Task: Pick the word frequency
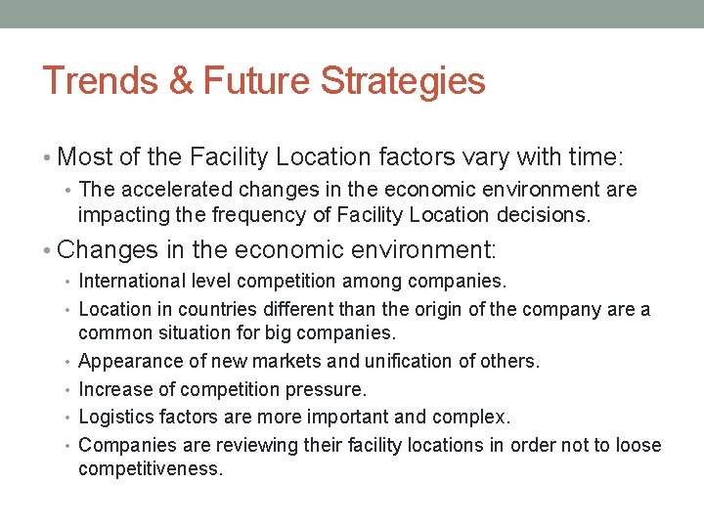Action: tap(237, 214)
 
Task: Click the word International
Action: tap(132, 282)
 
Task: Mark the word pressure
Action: tap(329, 389)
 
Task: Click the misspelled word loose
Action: tap(639, 446)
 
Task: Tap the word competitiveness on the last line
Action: tap(151, 469)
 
